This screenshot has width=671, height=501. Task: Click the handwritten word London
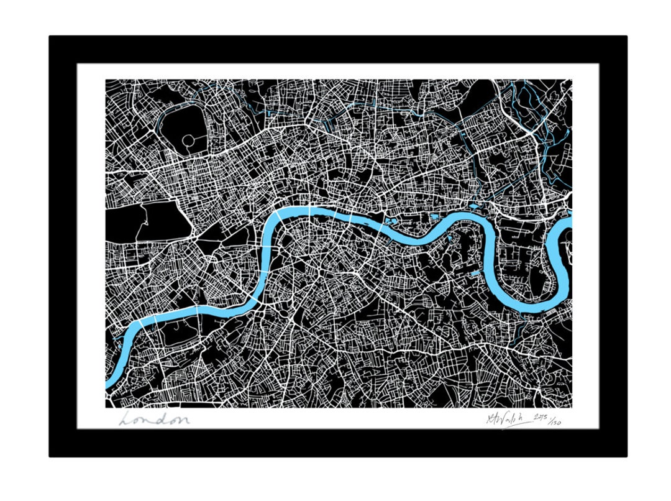click(154, 420)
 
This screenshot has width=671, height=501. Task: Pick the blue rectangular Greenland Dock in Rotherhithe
click(475, 273)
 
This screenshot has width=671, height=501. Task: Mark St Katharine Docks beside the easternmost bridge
click(392, 219)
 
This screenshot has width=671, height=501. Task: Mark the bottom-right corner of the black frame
click(625, 455)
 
